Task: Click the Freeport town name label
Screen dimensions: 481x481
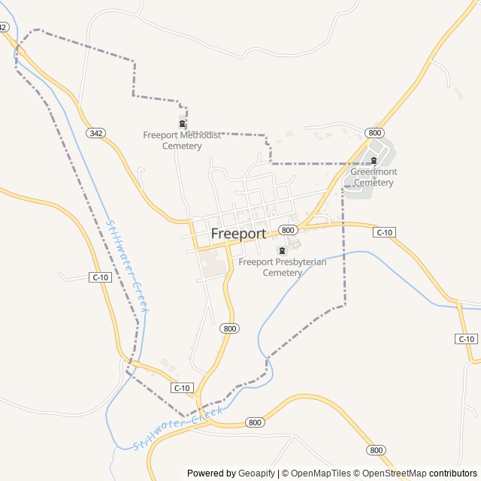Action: pos(238,234)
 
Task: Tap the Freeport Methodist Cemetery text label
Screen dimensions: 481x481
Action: pos(182,141)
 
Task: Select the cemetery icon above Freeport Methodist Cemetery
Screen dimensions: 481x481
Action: pos(182,124)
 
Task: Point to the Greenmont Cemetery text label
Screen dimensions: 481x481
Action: pos(374,177)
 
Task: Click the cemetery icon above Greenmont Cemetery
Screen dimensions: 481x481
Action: pos(374,160)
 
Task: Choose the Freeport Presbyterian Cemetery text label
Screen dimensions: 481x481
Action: pos(282,268)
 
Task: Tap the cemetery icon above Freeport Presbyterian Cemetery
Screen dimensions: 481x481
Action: pos(283,251)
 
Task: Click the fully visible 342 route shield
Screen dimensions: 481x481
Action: pos(95,133)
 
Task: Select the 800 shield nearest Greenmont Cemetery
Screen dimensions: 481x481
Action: pos(375,133)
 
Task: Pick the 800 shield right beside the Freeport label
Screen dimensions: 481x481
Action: pos(286,229)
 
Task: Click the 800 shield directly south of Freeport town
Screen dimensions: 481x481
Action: pos(230,328)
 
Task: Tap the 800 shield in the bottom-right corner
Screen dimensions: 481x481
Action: pos(376,449)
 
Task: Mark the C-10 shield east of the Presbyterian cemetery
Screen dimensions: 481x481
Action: pos(384,232)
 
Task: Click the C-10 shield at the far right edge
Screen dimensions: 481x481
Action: pos(467,339)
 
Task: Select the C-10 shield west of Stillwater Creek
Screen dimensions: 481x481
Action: pos(100,277)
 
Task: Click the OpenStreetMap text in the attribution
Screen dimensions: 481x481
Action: pos(395,473)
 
